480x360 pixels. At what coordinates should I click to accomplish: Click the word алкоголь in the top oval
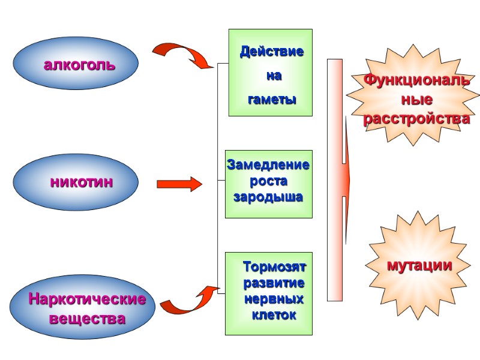coord(79,65)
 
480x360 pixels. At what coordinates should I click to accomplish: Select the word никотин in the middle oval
coord(81,181)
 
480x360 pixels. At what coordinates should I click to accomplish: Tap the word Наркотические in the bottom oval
coord(87,299)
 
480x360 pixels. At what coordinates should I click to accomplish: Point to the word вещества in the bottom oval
coord(87,319)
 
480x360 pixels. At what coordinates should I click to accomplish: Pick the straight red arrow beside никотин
coord(179,184)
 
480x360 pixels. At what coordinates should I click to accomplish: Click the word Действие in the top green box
coord(272,52)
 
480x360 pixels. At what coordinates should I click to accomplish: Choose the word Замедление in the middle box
coord(268,164)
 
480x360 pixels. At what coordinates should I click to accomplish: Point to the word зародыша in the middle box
coord(268,196)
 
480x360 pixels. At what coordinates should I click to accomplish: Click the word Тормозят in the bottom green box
coord(274,266)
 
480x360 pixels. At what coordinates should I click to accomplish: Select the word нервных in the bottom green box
coord(274,299)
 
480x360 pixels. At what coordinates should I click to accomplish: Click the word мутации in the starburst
coord(419,266)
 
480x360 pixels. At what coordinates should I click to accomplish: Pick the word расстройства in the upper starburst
coord(416,119)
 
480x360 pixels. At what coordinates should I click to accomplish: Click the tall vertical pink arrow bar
coord(335,180)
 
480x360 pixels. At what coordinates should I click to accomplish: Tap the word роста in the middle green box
coord(268,181)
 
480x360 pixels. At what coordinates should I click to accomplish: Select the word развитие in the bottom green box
coord(274,283)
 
